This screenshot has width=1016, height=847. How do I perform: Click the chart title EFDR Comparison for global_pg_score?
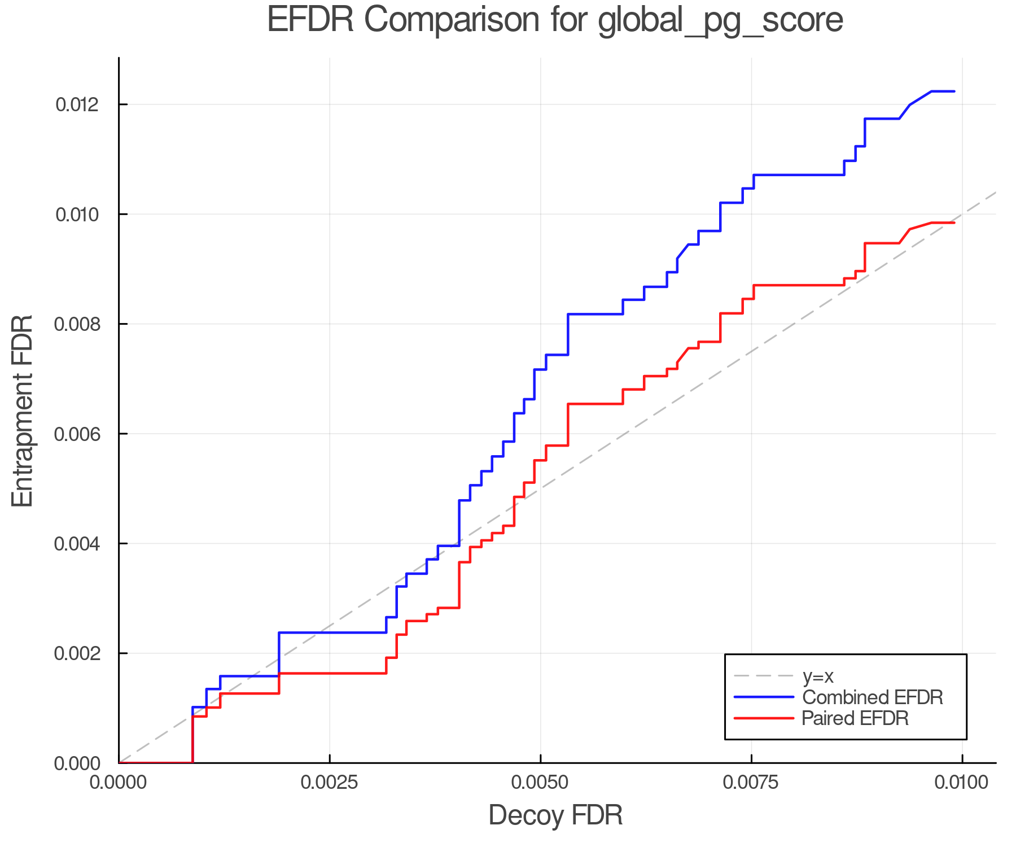555,20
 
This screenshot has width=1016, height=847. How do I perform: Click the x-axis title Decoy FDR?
555,815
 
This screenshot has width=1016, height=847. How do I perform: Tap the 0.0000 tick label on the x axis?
119,783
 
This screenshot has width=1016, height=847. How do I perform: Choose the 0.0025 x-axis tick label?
330,783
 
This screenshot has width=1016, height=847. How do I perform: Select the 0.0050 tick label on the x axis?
541,783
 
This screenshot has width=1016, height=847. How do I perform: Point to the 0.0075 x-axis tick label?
751,783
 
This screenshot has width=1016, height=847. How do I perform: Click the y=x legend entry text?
818,676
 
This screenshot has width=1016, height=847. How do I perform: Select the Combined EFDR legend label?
872,697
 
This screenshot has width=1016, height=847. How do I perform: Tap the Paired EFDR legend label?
855,718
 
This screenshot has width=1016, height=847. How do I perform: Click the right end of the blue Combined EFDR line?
954,91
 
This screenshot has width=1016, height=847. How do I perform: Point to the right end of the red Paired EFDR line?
954,223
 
